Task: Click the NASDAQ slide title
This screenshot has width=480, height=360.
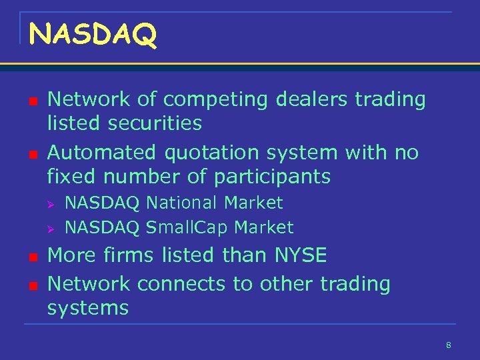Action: (93, 35)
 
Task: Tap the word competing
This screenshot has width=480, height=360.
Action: (213, 100)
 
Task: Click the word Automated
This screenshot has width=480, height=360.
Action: (102, 153)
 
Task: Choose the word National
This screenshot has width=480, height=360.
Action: (182, 203)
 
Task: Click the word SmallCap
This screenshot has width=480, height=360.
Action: (182, 228)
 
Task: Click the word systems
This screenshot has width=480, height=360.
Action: (88, 308)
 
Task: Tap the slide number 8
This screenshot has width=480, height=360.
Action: (449, 345)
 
